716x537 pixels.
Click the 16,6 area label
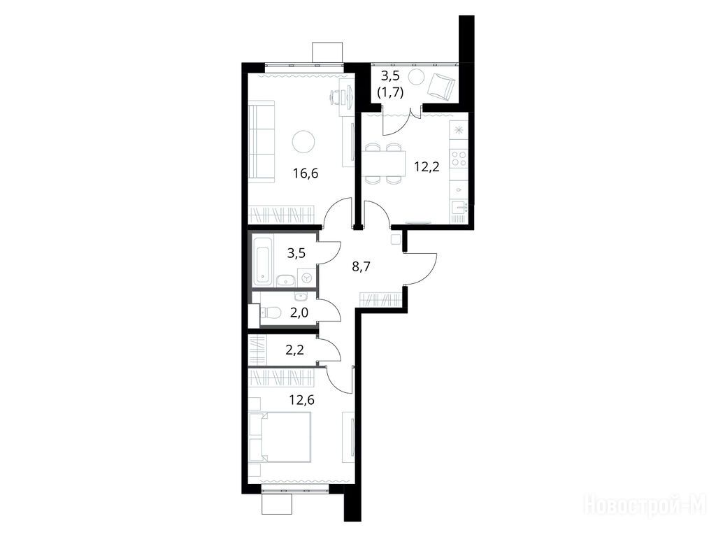306,173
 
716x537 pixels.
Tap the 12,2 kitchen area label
427,166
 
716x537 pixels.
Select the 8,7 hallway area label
361,266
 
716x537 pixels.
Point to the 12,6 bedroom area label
301,400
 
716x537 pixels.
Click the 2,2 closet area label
294,350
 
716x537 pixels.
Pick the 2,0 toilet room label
299,313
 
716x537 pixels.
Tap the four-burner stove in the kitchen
459,158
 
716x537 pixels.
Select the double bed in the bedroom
280,438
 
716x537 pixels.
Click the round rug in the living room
303,141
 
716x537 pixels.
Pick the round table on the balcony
417,78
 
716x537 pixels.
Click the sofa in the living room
262,143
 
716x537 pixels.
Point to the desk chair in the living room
336,96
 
